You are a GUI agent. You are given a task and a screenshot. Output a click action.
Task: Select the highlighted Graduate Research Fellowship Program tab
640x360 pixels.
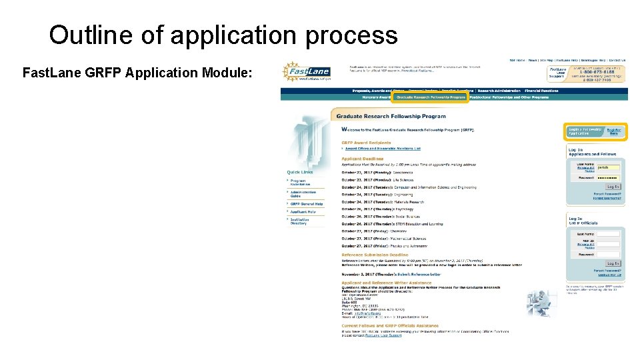(430, 97)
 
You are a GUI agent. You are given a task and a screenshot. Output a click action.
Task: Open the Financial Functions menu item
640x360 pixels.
(541, 91)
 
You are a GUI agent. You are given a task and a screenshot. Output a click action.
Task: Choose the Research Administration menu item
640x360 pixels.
(498, 91)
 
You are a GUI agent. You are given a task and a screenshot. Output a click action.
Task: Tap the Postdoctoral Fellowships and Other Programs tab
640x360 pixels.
(509, 97)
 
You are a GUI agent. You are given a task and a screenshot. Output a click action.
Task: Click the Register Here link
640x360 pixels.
(613, 131)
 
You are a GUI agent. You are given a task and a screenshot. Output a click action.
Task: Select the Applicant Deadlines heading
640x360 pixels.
(362, 159)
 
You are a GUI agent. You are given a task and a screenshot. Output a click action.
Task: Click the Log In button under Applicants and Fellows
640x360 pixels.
(613, 187)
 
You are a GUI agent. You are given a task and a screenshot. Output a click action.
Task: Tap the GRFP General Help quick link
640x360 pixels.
(307, 204)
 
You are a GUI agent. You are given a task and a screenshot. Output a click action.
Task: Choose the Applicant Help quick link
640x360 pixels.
(303, 212)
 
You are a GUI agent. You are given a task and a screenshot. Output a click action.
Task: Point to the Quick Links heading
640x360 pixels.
(300, 172)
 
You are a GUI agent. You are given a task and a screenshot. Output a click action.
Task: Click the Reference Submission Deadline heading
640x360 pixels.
(375, 255)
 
